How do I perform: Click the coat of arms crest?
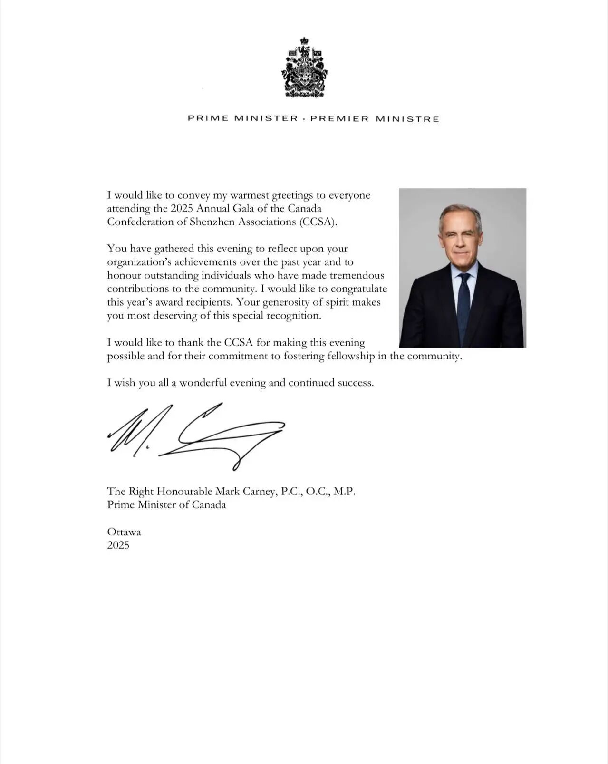(304, 68)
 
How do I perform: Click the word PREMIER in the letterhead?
(339, 119)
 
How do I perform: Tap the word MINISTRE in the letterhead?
(407, 119)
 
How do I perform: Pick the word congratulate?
(359, 289)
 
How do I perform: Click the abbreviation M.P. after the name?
(344, 491)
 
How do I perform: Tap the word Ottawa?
(124, 532)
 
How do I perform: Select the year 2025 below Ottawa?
(118, 545)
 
